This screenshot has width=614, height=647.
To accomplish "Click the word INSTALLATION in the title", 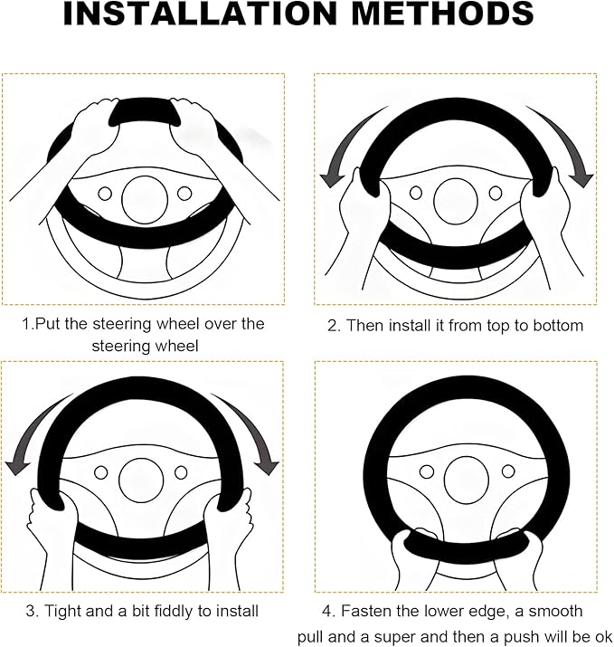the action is pos(201,14).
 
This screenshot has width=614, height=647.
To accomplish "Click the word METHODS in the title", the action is pos(444,14).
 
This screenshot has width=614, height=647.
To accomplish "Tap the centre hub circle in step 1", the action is pos(145,199).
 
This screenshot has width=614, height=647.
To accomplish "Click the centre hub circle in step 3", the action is pos(141,480).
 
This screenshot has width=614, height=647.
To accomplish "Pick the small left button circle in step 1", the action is pos(105,194).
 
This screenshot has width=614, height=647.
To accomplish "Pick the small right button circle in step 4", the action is pos(508,471).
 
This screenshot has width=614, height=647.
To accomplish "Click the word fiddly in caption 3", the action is pos(175,611).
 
